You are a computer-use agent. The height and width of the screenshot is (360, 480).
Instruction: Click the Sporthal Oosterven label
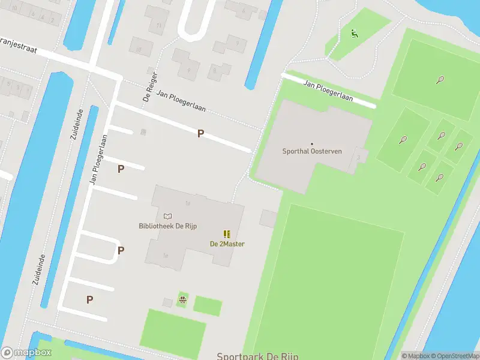point(312,151)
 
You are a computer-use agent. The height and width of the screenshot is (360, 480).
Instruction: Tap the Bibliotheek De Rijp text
point(167,226)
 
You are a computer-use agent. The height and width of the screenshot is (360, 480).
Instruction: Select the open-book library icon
point(167,216)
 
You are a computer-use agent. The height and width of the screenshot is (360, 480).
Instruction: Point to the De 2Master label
point(227,244)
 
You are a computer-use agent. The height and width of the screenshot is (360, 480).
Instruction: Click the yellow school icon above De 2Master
point(227,234)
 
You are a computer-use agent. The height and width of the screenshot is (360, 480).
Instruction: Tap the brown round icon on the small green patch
point(182,298)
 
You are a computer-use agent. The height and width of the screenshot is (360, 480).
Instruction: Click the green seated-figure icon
point(355,34)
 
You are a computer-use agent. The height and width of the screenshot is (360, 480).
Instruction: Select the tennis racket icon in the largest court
point(441,79)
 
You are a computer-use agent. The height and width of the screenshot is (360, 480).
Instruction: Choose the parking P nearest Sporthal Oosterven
point(200,134)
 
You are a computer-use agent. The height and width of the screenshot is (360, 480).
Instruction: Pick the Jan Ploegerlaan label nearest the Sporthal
point(328,90)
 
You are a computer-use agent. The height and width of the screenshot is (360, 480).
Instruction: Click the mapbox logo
point(26,353)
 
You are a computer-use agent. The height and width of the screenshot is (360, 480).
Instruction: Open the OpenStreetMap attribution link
point(453,356)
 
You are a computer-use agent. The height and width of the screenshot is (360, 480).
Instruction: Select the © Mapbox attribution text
point(415,356)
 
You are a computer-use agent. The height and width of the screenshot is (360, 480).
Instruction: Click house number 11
point(158,25)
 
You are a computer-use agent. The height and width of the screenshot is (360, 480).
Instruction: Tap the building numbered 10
point(139,49)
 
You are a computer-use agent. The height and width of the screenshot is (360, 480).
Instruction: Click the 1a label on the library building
point(188,203)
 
